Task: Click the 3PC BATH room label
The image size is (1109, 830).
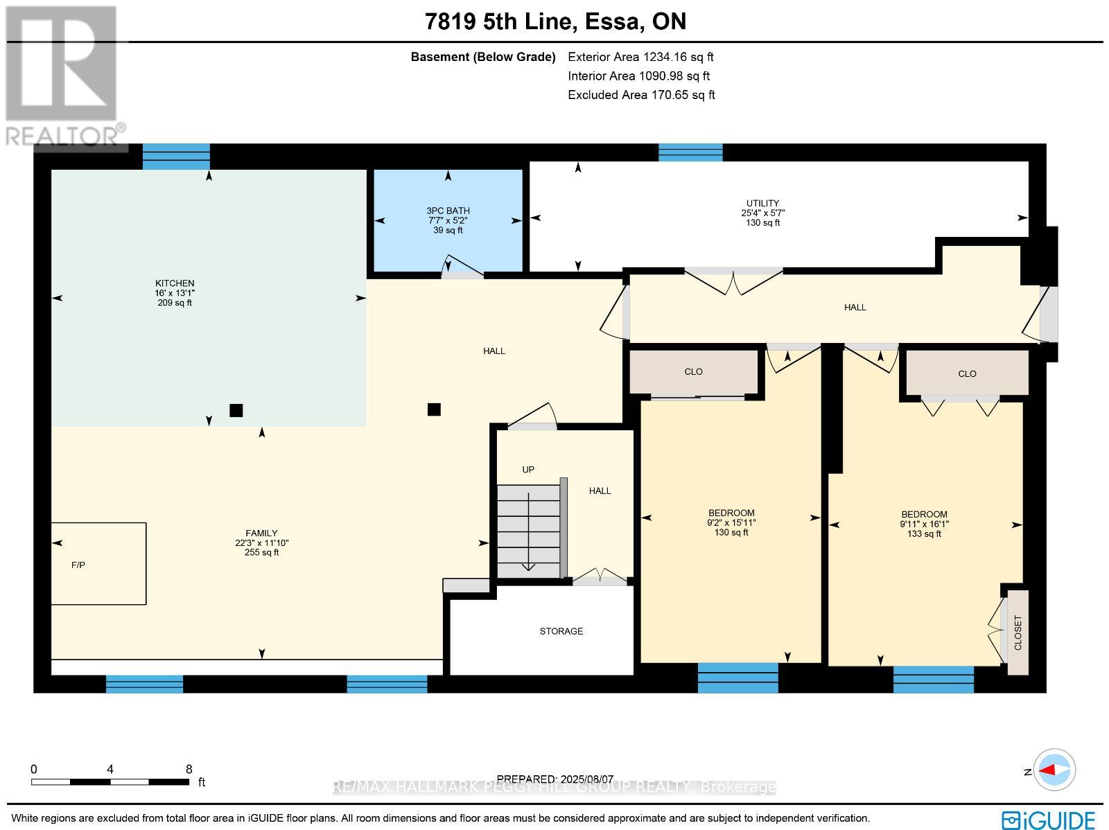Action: click(448, 211)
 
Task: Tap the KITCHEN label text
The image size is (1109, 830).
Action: click(174, 283)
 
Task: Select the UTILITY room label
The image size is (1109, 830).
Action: click(762, 203)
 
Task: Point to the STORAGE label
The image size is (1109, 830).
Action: click(561, 631)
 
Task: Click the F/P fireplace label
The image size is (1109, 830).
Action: click(78, 565)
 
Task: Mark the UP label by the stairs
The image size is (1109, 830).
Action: click(528, 470)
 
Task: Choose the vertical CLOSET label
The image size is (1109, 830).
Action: click(1018, 633)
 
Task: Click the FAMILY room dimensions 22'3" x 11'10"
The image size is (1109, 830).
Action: click(261, 542)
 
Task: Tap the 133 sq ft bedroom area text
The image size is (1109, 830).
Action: click(923, 533)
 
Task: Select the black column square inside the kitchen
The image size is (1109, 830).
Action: click(236, 410)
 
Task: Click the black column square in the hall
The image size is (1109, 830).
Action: click(434, 409)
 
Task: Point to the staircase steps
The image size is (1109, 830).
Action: click(528, 531)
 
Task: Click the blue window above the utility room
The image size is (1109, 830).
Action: click(690, 152)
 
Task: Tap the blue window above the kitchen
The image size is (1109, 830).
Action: click(176, 157)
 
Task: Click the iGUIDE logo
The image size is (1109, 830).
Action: click(1049, 819)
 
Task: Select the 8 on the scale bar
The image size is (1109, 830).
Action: click(189, 769)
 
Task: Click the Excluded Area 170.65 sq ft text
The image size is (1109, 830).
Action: click(641, 95)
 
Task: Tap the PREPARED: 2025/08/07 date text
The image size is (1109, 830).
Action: click(554, 779)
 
